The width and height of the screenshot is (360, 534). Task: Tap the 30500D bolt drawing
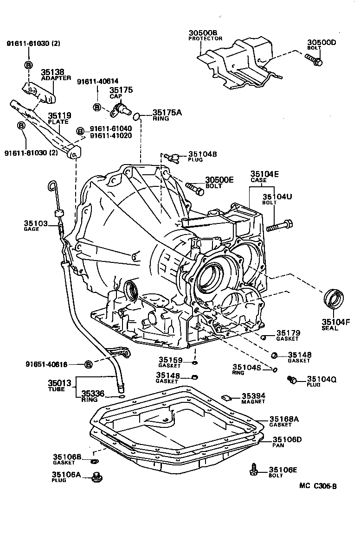pyautogui.click(x=314, y=59)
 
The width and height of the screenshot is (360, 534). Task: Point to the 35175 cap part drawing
pyautogui.click(x=121, y=108)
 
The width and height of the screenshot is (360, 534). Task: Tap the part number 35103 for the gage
pyautogui.click(x=36, y=223)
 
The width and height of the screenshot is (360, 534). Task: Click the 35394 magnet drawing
pyautogui.click(x=227, y=397)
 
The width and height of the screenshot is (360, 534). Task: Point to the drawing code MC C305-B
pyautogui.click(x=318, y=486)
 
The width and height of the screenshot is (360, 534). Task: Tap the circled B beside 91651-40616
pyautogui.click(x=89, y=364)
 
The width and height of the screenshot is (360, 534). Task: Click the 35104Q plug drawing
pyautogui.click(x=293, y=380)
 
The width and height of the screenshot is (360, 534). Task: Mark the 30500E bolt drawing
pyautogui.click(x=194, y=188)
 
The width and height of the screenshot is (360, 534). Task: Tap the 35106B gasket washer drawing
pyautogui.click(x=94, y=461)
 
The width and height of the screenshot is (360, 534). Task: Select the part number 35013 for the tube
pyautogui.click(x=59, y=383)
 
